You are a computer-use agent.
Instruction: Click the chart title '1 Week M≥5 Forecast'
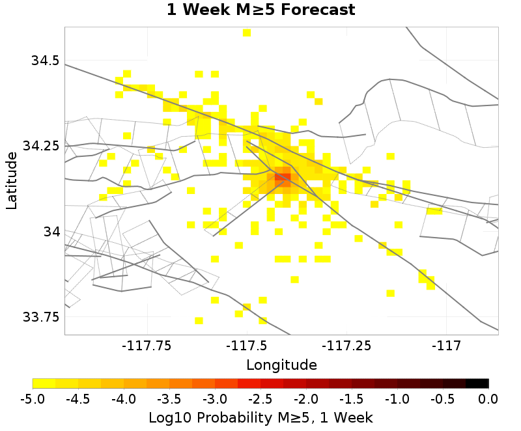point(260,10)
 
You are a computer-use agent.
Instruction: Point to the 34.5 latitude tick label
point(46,61)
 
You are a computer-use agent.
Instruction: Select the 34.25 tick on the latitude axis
point(41,146)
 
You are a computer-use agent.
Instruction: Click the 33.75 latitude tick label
point(41,318)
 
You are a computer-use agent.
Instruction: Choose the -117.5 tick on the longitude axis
point(247,345)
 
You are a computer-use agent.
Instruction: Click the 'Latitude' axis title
point(12,180)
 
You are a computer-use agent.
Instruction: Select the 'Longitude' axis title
point(281,364)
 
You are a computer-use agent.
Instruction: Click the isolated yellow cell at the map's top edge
point(247,33)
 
